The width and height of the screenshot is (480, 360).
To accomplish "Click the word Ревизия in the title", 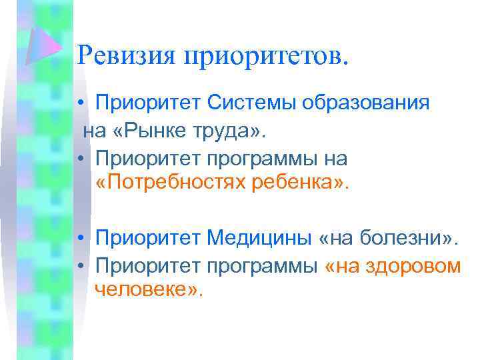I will point(125,55).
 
